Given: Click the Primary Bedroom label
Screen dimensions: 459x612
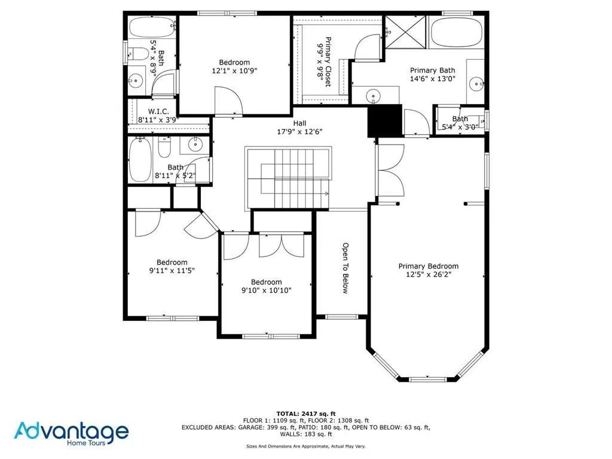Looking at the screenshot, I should (x=429, y=270).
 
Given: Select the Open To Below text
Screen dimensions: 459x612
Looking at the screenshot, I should (x=345, y=268).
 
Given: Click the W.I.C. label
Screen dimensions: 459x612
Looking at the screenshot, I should (x=158, y=115).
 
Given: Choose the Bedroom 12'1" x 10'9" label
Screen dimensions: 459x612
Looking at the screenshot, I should (x=234, y=66).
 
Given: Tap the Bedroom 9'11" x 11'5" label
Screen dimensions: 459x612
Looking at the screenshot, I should (x=172, y=266).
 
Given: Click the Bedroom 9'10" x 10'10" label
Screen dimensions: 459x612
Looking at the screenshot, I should (x=266, y=286).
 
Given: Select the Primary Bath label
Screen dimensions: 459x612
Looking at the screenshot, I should (x=432, y=74).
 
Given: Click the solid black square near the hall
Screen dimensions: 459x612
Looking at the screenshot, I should (x=383, y=120).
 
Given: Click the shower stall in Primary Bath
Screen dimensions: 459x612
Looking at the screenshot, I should (x=405, y=32).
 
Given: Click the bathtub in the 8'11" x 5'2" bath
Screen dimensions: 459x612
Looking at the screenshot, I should (x=140, y=160).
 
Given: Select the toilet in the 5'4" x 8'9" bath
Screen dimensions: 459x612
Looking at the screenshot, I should (x=139, y=54).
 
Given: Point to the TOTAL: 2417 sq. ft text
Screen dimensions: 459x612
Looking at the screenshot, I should (x=305, y=414).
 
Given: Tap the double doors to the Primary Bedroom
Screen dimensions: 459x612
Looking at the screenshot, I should (x=385, y=170).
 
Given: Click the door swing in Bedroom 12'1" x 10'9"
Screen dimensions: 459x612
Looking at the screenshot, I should (x=228, y=100).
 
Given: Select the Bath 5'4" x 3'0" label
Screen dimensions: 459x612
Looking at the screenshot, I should (x=460, y=123).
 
